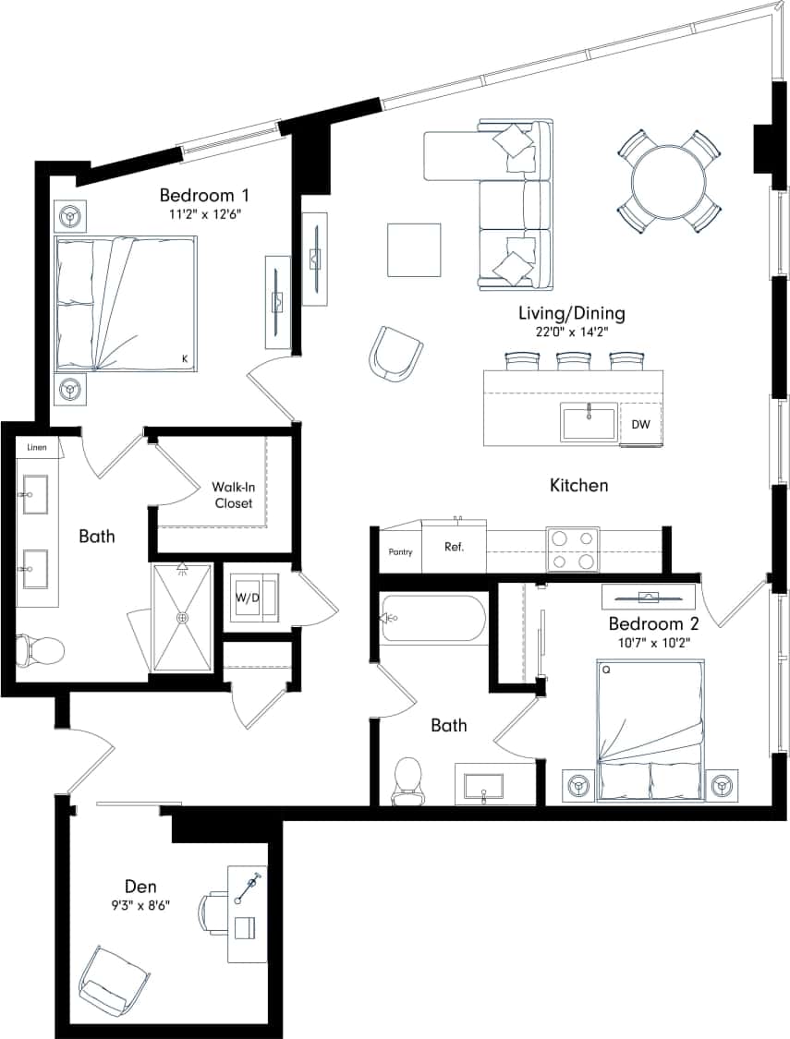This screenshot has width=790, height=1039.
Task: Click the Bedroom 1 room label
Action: [204, 196]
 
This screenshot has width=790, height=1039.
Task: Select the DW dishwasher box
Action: [640, 424]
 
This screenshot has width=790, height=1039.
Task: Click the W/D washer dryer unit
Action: [247, 597]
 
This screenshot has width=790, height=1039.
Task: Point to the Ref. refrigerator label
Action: [454, 547]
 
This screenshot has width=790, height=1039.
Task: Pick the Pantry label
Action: [400, 552]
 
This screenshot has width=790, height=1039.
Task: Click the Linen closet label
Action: [36, 447]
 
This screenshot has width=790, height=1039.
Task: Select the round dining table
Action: [668, 180]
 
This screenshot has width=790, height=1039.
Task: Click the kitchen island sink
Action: [589, 423]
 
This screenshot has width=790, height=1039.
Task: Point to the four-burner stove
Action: [572, 549]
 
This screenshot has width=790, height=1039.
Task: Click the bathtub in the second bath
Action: [431, 619]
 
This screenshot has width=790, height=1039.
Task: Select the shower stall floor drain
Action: [182, 617]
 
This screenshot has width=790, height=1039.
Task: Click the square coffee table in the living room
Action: [414, 249]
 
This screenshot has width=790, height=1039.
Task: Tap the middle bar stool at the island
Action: [573, 359]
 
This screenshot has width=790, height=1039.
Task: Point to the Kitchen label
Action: [578, 485]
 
